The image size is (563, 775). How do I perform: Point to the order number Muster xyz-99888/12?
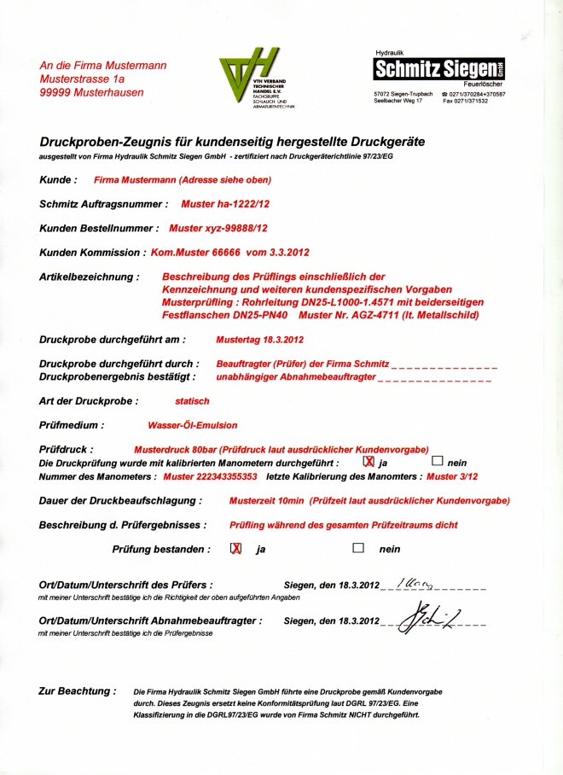point(218,229)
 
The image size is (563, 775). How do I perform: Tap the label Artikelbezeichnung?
point(89,277)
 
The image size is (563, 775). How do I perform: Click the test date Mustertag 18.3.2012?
point(259,340)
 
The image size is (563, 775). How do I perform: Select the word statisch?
point(192,401)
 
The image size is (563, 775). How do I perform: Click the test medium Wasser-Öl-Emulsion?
point(193,425)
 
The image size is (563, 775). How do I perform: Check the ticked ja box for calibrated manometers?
point(369,460)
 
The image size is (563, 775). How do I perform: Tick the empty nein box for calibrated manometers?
point(438,460)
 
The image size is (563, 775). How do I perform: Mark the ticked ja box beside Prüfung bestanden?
point(235,549)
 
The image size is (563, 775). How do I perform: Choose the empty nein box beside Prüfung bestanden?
point(358,549)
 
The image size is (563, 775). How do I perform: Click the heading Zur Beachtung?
point(77,691)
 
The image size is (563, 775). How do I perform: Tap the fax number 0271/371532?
point(466,101)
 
